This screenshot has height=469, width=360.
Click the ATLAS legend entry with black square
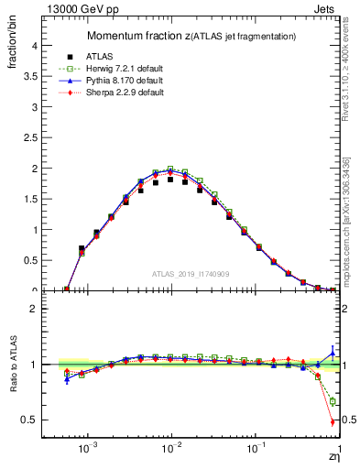[x=96, y=57]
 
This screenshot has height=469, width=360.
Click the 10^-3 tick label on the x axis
[x=89, y=451]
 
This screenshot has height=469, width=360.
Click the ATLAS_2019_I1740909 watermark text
[x=190, y=274]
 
